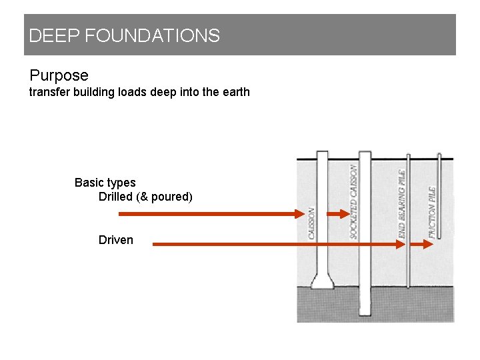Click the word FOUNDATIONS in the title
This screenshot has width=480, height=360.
152,36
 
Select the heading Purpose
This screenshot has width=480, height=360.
59,75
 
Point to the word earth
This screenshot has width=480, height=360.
235,92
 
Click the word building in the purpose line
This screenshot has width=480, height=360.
93,92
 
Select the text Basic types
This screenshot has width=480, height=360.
105,183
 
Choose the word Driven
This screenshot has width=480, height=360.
115,240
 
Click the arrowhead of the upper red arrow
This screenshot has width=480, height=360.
299,214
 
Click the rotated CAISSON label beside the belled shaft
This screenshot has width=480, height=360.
311,223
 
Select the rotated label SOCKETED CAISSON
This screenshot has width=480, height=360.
353,202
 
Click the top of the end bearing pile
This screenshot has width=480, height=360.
409,157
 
